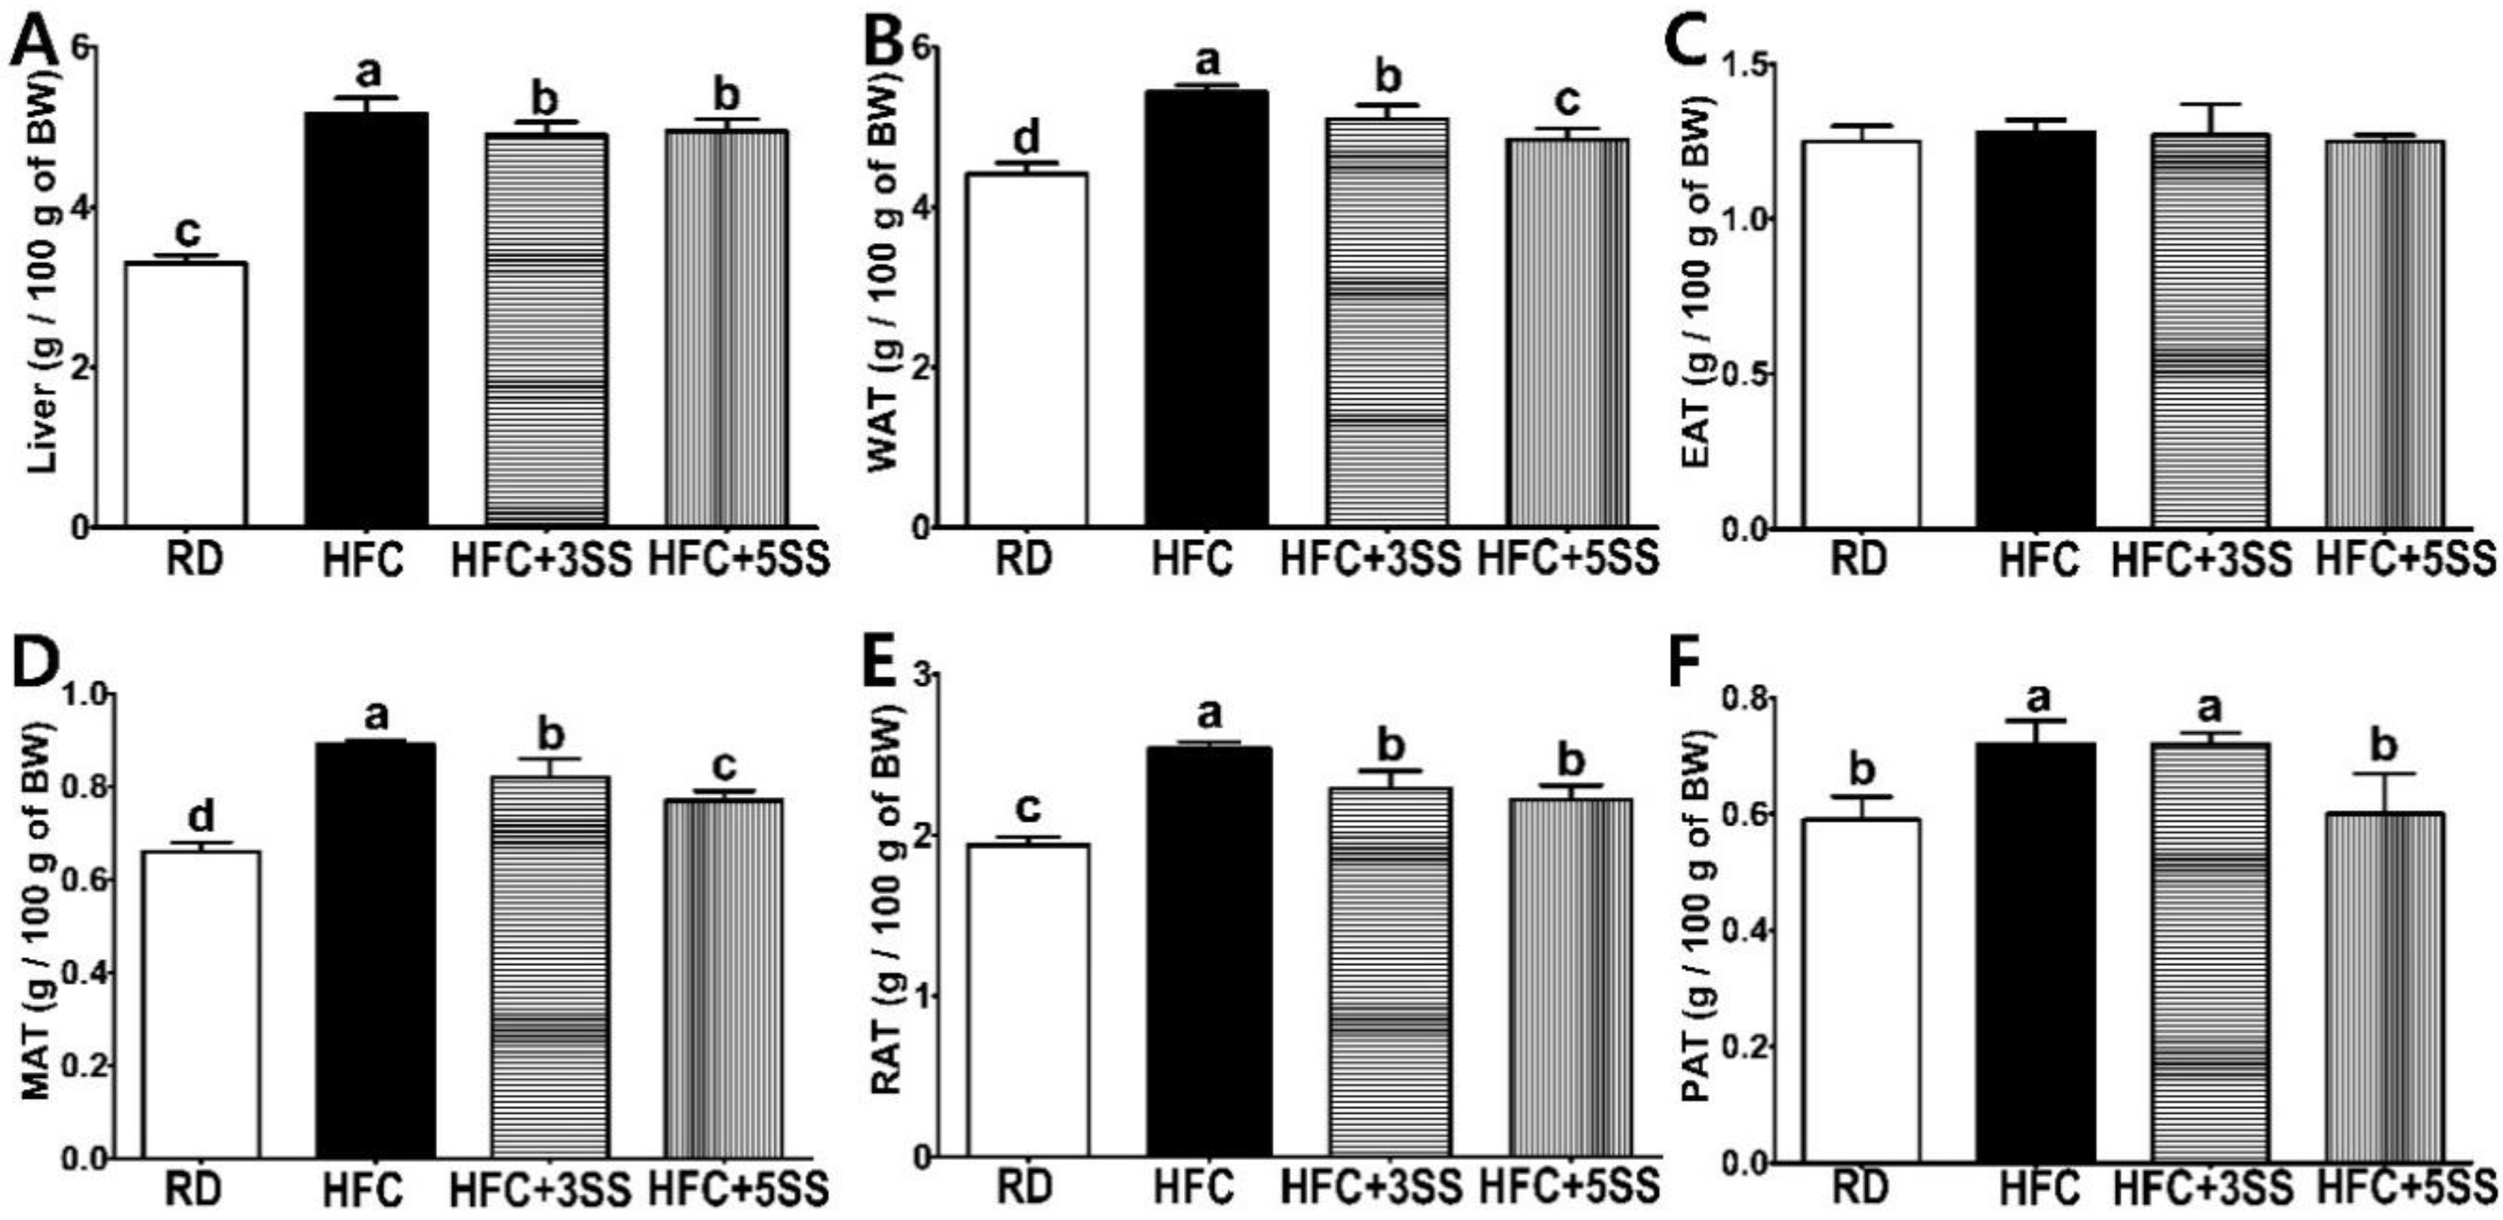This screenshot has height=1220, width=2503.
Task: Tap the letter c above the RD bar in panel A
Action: tap(187, 230)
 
